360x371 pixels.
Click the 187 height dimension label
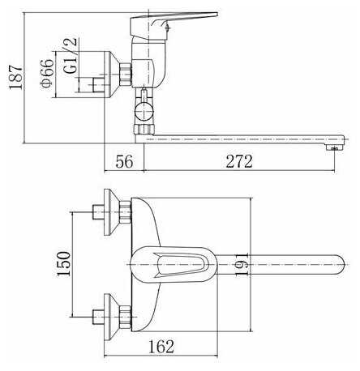[x=15, y=77]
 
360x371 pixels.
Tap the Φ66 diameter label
[x=47, y=74]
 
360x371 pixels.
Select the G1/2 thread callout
[x=71, y=56]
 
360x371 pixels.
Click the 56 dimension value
[x=124, y=161]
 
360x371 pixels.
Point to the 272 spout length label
[x=239, y=161]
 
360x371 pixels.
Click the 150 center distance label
[x=63, y=264]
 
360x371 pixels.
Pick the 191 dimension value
[x=242, y=264]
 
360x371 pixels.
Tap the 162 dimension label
[x=161, y=347]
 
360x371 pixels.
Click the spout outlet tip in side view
[x=336, y=147]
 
